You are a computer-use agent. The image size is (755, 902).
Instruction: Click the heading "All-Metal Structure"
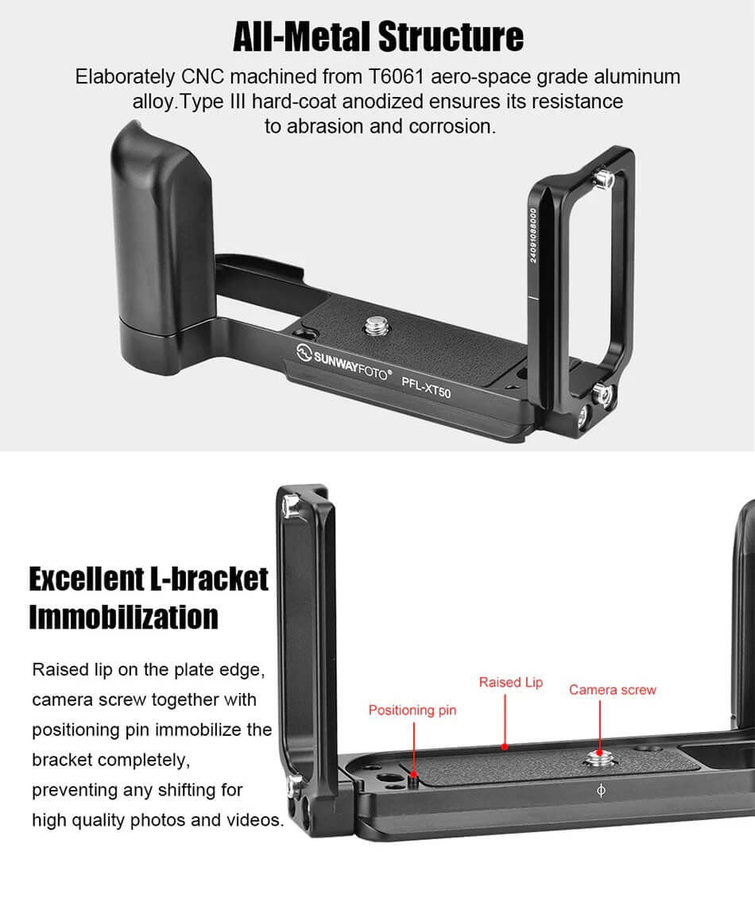click(377, 36)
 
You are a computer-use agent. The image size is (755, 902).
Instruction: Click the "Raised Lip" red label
click(510, 682)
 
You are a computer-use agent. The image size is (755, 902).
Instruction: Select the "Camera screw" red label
click(612, 689)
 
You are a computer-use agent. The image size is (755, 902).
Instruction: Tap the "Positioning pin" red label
click(412, 710)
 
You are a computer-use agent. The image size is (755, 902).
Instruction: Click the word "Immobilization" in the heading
click(123, 617)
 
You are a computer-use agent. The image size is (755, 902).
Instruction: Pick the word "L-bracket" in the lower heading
click(208, 579)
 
